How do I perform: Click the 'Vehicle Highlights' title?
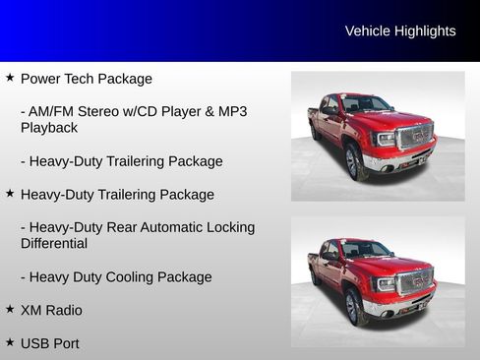click(x=400, y=31)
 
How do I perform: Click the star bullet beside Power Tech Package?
click(x=10, y=77)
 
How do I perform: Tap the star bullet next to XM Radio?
click(x=10, y=309)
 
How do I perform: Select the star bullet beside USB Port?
click(x=10, y=342)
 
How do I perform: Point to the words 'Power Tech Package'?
click(x=87, y=79)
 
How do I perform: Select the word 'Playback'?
click(x=48, y=128)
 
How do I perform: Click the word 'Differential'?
click(x=54, y=243)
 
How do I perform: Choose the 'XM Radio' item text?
click(x=51, y=311)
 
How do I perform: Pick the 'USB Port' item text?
click(x=49, y=344)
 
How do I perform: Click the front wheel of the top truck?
click(x=353, y=162)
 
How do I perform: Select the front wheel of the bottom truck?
click(x=353, y=307)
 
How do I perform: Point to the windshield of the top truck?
click(x=365, y=104)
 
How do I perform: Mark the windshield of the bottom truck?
click(x=365, y=250)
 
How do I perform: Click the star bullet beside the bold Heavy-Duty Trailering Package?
click(x=10, y=193)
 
